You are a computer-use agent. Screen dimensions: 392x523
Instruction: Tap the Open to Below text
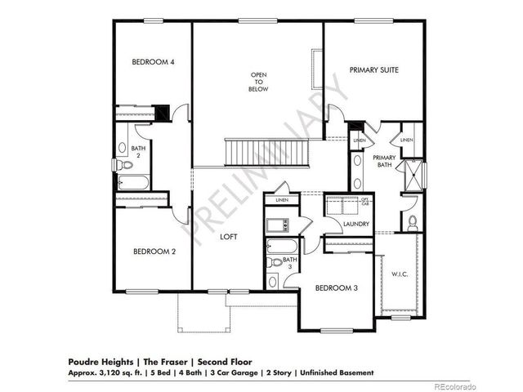(259, 82)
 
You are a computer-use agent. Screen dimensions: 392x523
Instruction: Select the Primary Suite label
(373, 71)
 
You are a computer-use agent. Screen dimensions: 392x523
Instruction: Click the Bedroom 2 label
(154, 252)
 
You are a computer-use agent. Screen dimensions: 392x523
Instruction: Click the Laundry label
(356, 224)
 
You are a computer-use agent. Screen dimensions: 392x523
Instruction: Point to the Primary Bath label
(384, 161)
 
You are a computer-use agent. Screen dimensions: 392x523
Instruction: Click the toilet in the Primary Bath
(413, 220)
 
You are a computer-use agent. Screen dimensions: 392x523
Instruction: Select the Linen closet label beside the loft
(282, 199)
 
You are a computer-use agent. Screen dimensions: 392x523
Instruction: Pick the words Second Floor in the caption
(225, 360)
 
